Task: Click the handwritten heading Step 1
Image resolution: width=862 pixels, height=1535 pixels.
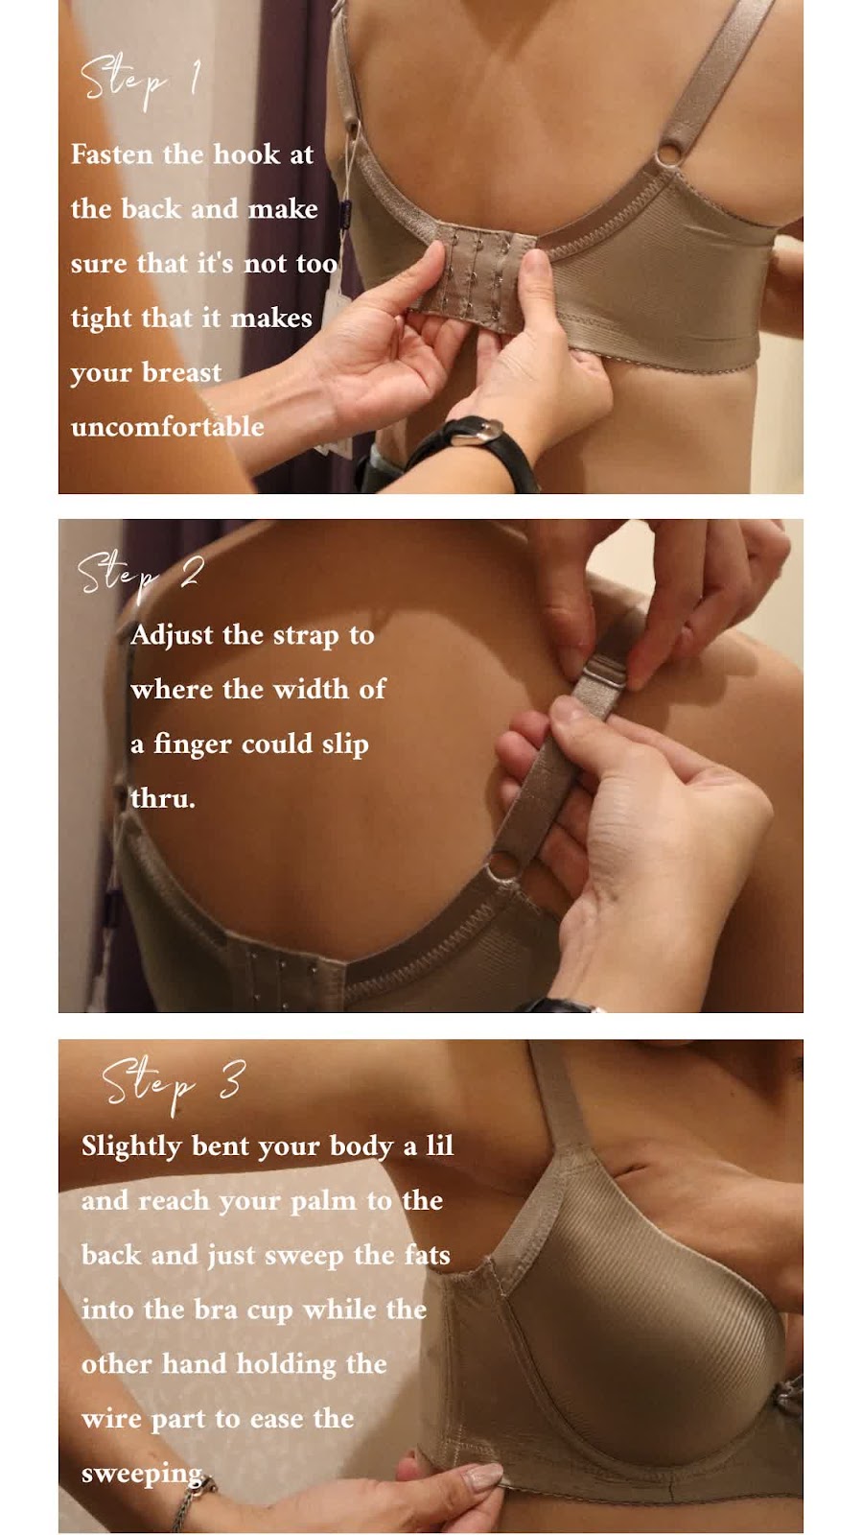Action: coord(140,81)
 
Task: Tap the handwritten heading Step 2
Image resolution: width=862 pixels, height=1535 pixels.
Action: coord(140,576)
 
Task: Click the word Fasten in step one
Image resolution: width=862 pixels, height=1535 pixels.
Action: coord(112,154)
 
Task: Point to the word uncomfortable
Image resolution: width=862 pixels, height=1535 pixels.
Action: coord(168,427)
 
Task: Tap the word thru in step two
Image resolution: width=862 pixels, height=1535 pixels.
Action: coord(163,798)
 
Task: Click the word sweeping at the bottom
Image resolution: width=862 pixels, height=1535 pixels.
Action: coord(143,1473)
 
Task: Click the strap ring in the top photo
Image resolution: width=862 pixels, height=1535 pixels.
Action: coord(670,153)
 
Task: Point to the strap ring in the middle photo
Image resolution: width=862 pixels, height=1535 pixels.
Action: coord(504,864)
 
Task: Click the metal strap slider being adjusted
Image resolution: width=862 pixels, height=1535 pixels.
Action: coord(602,675)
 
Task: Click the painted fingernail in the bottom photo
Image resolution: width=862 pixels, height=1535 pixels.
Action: coord(481,1476)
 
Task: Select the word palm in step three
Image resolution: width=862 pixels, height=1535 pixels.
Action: coord(322,1202)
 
